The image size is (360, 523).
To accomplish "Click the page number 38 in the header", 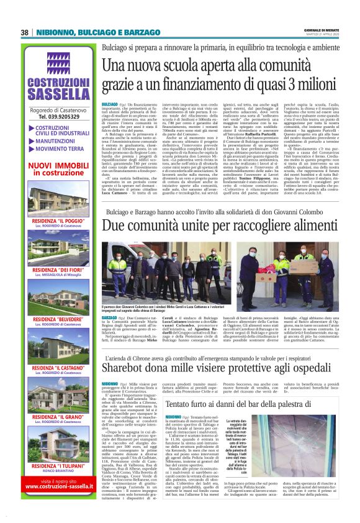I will [x=25, y=32].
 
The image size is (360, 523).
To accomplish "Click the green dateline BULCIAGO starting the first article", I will [x=109, y=103].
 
